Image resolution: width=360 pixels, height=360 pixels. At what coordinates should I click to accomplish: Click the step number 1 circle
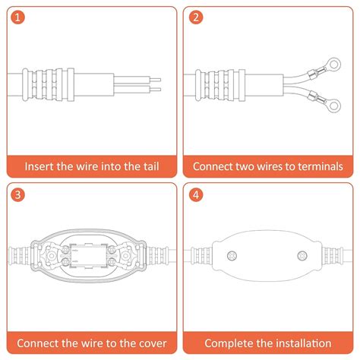18,18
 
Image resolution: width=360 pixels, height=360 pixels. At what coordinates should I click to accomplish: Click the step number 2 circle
197,18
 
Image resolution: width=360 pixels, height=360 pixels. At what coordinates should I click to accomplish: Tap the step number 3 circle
18,195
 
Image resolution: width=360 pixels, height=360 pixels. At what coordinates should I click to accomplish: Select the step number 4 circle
197,195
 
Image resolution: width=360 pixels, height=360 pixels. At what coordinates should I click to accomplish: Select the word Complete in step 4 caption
229,343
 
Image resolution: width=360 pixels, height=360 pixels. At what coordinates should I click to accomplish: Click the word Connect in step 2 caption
214,166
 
